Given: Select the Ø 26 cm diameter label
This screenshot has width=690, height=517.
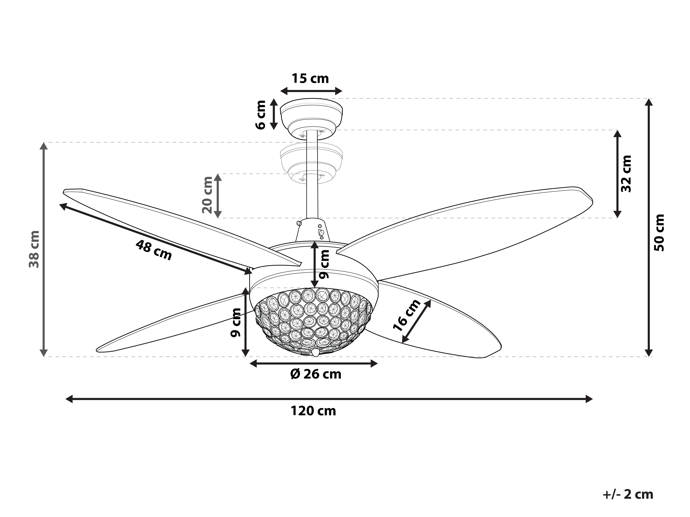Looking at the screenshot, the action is pyautogui.click(x=316, y=374).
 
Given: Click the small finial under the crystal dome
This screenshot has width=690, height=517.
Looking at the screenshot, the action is pyautogui.click(x=315, y=352).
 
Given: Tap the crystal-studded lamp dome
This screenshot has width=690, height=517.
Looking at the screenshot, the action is pyautogui.click(x=314, y=321).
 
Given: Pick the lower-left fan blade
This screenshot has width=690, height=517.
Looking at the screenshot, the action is pyautogui.click(x=175, y=324).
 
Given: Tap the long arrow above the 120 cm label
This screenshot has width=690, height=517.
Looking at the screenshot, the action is pyautogui.click(x=329, y=399).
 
